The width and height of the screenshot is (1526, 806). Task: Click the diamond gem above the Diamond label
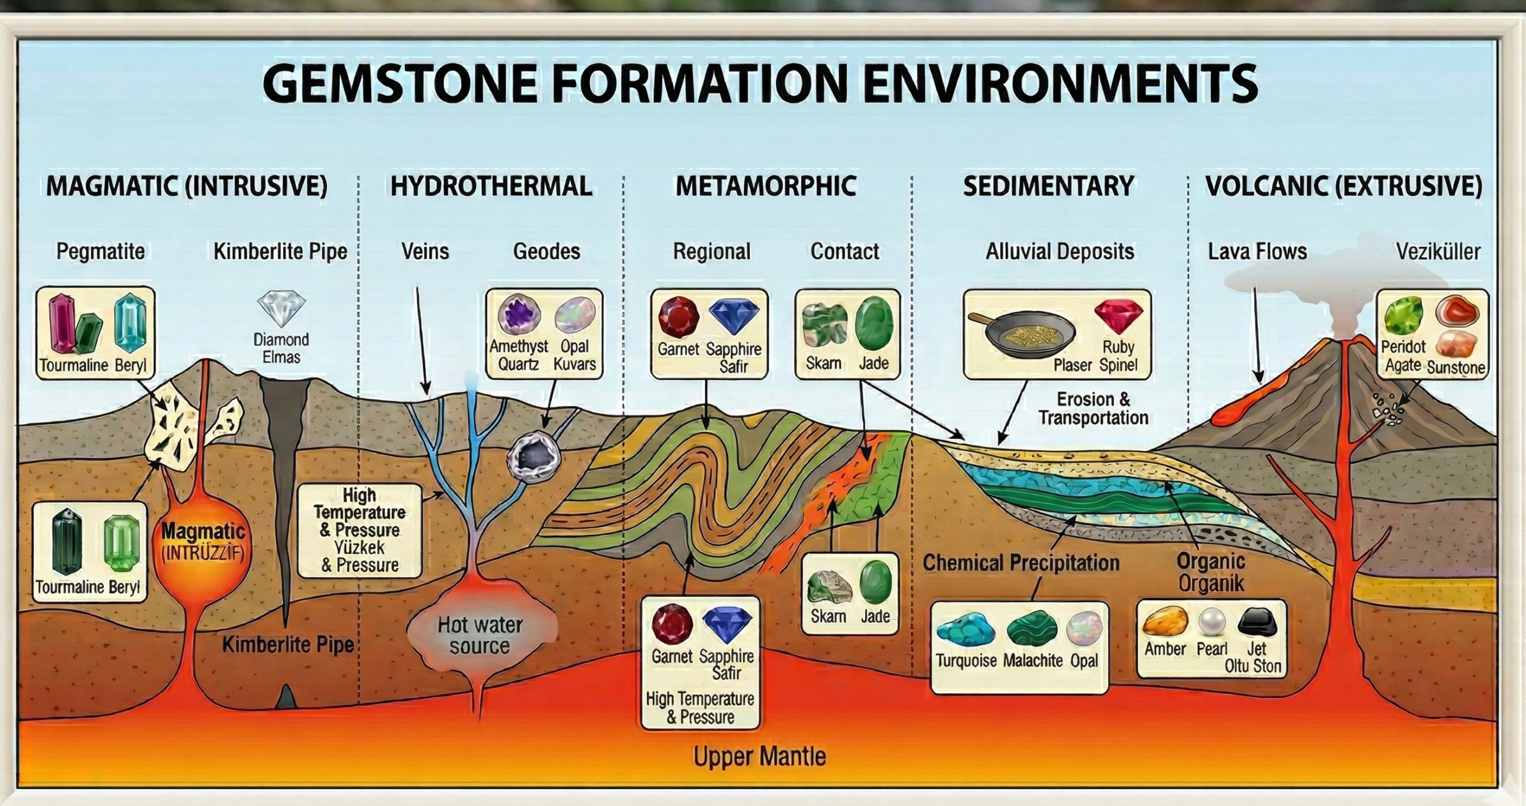click(x=282, y=308)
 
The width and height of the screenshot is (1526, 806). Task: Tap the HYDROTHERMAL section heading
click(x=491, y=186)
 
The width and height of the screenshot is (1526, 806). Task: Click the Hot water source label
click(x=480, y=635)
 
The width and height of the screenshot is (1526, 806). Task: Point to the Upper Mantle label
click(x=759, y=757)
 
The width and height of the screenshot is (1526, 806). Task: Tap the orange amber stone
click(x=1165, y=620)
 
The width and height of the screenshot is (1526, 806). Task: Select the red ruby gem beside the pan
click(x=1118, y=316)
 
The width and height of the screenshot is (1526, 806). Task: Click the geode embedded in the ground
click(x=534, y=456)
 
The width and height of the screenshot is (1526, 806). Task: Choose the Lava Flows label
click(x=1257, y=251)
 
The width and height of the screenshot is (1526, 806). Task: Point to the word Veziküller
click(x=1438, y=251)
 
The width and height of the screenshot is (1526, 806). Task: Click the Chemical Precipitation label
click(x=1021, y=563)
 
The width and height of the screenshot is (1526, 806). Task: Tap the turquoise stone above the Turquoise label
click(x=966, y=630)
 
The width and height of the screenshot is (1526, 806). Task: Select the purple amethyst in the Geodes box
click(x=518, y=315)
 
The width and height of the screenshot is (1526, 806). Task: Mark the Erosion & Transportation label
click(x=1093, y=409)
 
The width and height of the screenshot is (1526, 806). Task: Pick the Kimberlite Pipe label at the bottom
click(x=288, y=645)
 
